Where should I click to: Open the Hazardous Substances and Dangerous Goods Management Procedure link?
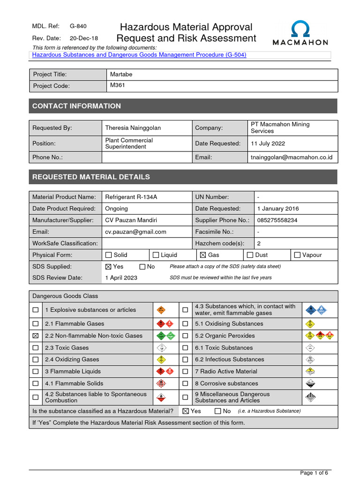[x=139, y=55]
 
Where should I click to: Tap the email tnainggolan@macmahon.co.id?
[x=292, y=157]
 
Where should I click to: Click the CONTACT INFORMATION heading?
[x=76, y=106]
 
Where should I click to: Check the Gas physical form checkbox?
[x=203, y=255]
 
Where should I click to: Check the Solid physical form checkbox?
[x=109, y=255]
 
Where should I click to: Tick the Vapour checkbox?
[x=297, y=255]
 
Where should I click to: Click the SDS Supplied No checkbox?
[x=142, y=267]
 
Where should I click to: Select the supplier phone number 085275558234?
[x=277, y=220]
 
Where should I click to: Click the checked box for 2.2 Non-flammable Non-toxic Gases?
[x=36, y=336]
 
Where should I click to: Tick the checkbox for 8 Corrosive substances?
[x=185, y=384]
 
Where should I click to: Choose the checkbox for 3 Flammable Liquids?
[x=36, y=372]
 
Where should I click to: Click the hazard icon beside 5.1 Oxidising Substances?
[x=309, y=324]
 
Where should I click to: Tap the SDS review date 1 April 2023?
[x=121, y=278]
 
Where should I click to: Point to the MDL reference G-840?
[x=78, y=27]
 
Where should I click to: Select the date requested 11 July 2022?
[x=268, y=143]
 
